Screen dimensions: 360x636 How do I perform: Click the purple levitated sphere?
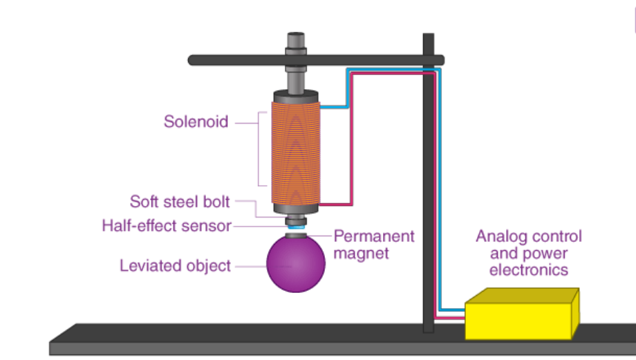(x=296, y=263)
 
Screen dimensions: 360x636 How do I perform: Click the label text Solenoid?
(x=196, y=122)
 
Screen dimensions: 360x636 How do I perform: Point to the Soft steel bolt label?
(x=180, y=202)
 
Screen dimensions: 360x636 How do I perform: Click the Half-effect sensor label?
(x=166, y=226)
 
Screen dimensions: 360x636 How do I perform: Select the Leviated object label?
(x=175, y=266)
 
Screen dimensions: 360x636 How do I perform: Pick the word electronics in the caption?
(x=529, y=270)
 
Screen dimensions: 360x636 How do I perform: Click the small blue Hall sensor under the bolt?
(x=296, y=226)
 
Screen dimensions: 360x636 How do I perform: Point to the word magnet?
(x=362, y=254)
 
